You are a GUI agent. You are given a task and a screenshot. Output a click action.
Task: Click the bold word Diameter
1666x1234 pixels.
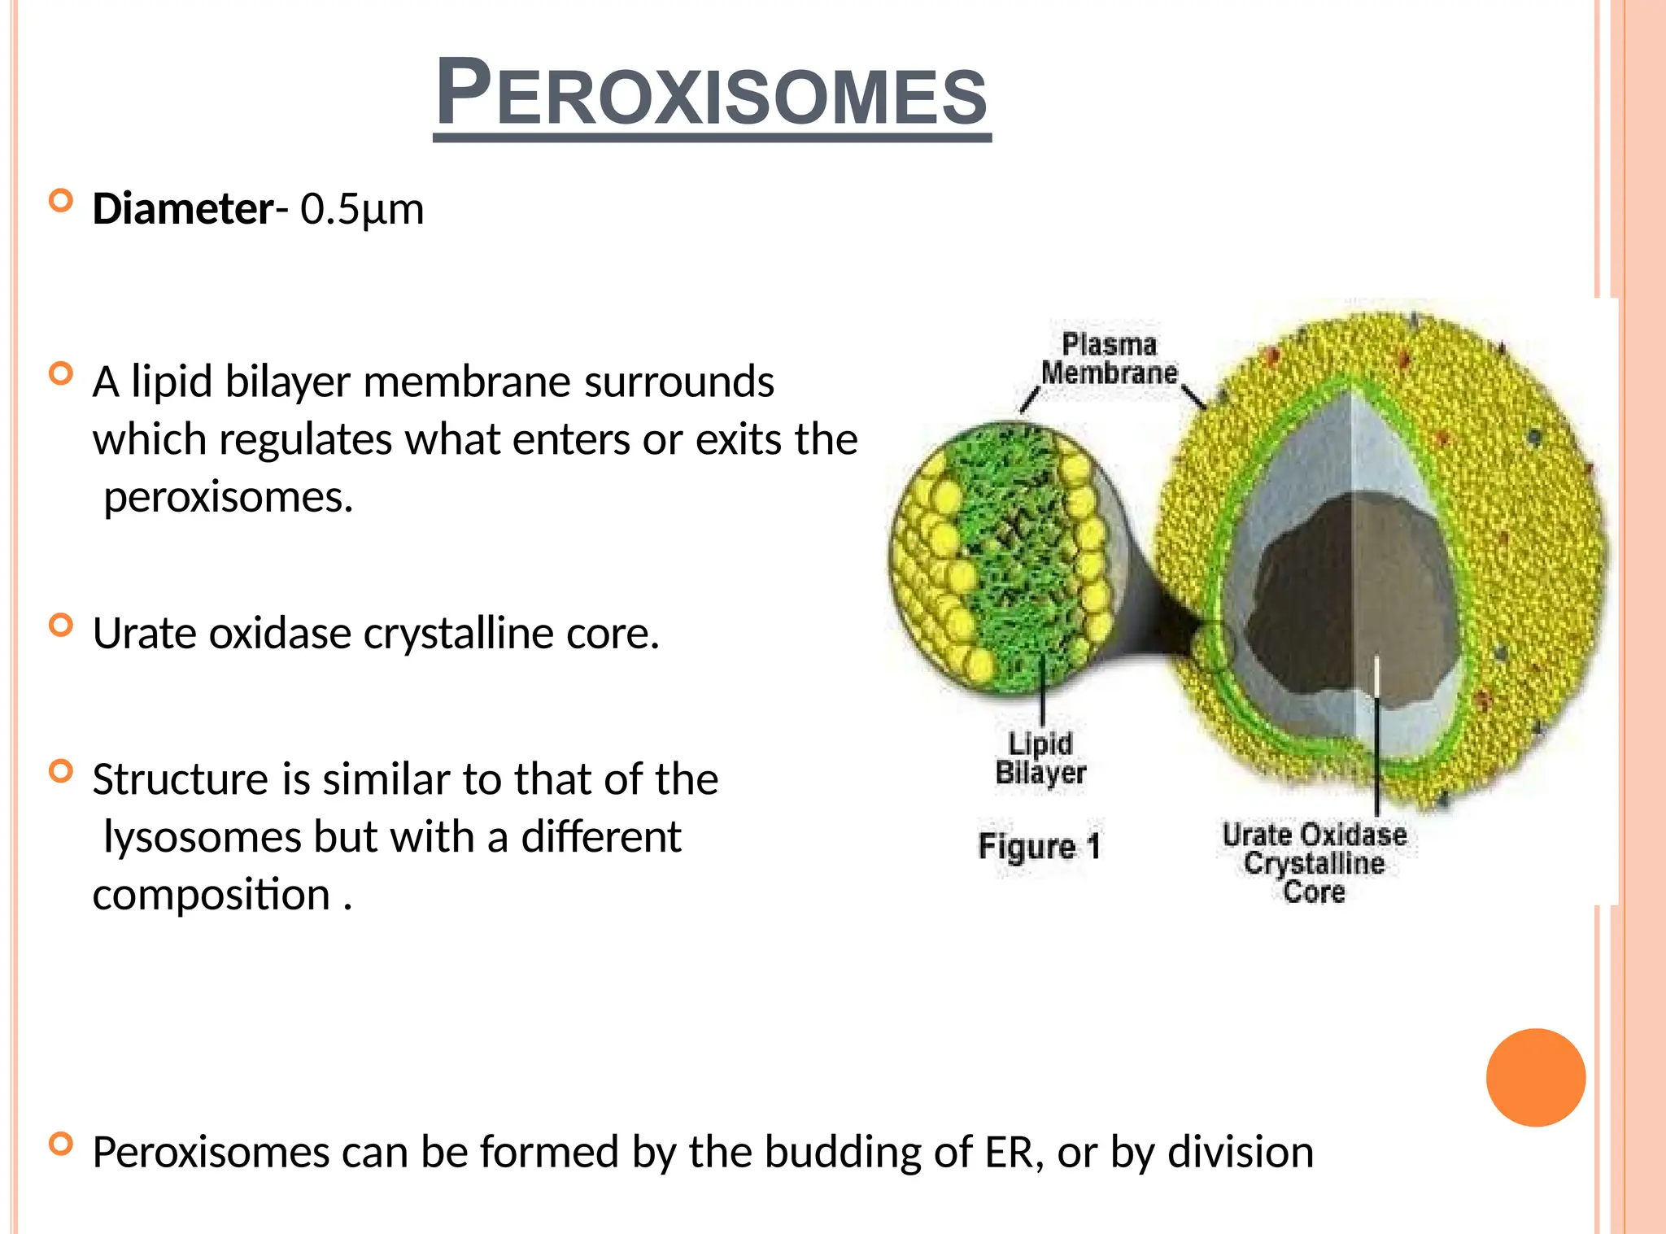(183, 209)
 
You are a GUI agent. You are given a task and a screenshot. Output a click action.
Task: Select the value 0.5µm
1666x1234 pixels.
(362, 209)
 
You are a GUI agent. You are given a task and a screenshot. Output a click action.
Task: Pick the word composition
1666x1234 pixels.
(211, 895)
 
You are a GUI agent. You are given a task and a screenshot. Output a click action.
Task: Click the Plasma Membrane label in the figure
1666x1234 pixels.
(1109, 359)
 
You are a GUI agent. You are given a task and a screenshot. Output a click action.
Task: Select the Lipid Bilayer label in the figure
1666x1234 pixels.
(1040, 758)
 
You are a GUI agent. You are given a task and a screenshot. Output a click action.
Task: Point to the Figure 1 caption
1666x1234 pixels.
(1039, 846)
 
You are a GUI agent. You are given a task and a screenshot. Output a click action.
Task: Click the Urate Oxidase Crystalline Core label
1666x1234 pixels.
(1314, 863)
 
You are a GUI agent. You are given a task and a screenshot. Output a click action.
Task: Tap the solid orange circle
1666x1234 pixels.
(1535, 1077)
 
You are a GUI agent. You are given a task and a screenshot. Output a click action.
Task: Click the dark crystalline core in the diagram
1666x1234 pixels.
(1350, 602)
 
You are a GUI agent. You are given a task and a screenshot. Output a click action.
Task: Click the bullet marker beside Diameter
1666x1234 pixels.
(61, 200)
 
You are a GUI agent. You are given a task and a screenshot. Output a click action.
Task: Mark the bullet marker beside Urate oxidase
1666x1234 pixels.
(61, 625)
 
